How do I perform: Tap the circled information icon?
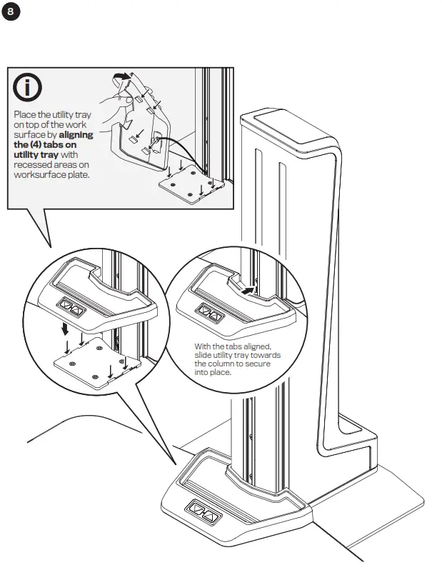pyautogui.click(x=28, y=88)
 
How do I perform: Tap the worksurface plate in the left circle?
pyautogui.click(x=96, y=364)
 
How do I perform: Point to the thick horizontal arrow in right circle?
pyautogui.click(x=246, y=291)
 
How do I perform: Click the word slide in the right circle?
pyautogui.click(x=204, y=356)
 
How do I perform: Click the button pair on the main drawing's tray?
pyautogui.click(x=202, y=512)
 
